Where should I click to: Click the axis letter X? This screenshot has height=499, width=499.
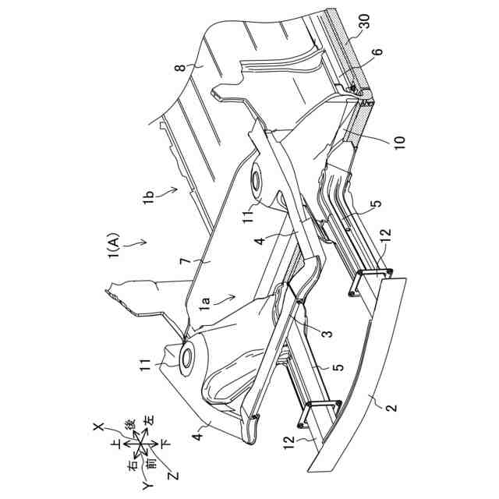tap(99, 426)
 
